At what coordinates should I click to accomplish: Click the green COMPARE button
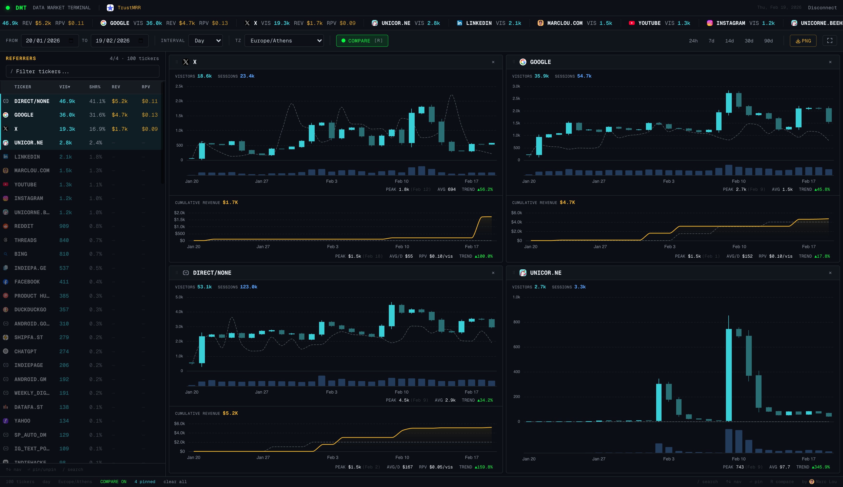click(362, 41)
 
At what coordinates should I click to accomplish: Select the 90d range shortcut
click(768, 41)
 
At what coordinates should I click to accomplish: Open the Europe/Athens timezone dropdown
click(284, 41)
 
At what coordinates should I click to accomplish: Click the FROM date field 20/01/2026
click(50, 41)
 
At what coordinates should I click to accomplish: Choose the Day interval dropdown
click(205, 41)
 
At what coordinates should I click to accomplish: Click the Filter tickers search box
click(83, 71)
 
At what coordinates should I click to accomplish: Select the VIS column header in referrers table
click(65, 87)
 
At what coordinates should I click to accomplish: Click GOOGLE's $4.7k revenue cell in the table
click(119, 115)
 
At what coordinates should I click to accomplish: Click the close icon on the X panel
click(493, 62)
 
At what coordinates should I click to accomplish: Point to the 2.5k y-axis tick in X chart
click(179, 86)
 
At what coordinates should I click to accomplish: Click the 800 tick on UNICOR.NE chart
click(516, 322)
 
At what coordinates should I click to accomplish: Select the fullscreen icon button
click(829, 41)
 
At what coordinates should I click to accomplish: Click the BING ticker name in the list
click(21, 254)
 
